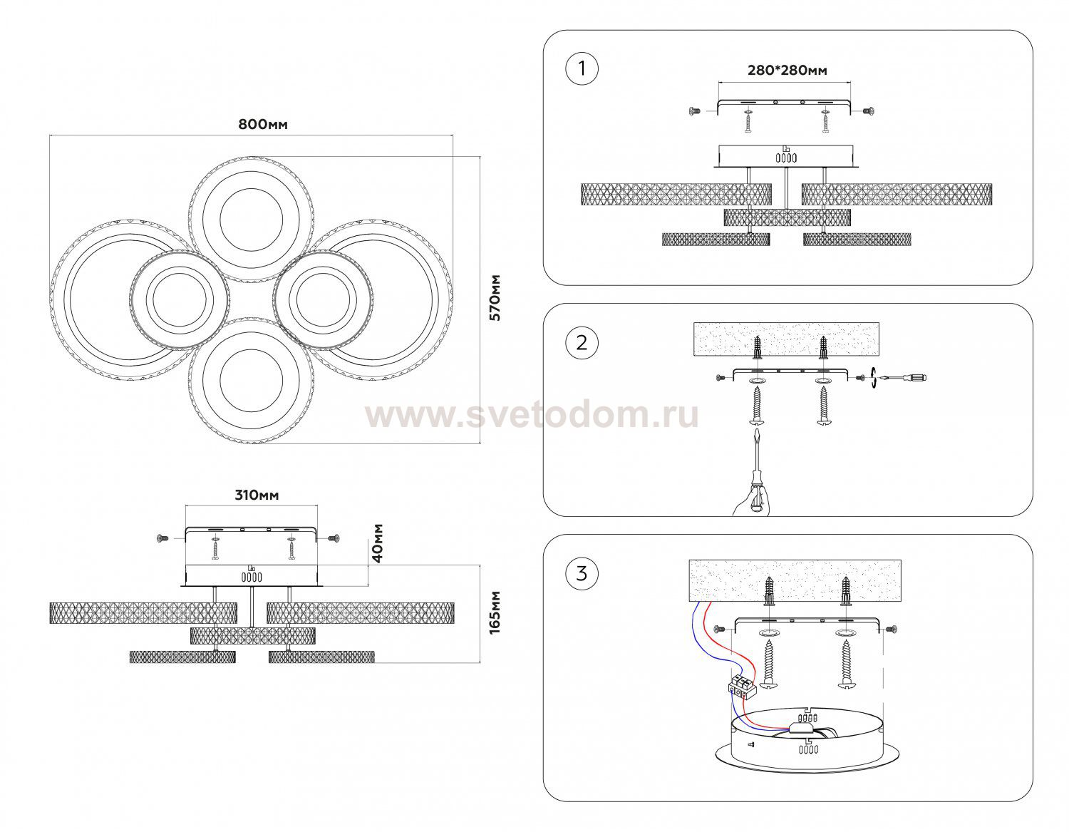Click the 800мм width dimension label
[x=263, y=124]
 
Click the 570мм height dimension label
[x=495, y=298]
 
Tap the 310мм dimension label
[x=257, y=495]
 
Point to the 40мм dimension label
[x=378, y=543]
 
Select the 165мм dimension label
[x=495, y=612]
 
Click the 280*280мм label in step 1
[x=787, y=71]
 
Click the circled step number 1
[x=582, y=68]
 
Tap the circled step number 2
[x=582, y=342]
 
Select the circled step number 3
[x=582, y=573]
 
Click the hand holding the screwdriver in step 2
[x=750, y=500]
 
